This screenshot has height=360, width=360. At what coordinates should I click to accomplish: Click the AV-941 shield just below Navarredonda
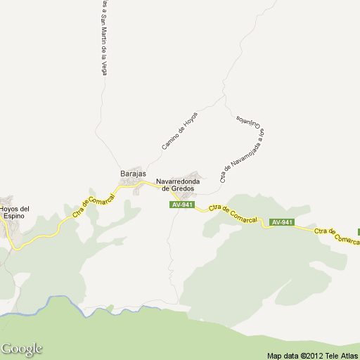coord(181,205)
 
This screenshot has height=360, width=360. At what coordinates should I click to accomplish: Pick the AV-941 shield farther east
coord(281,223)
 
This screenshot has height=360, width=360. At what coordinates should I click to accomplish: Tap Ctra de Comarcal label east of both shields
coord(336,235)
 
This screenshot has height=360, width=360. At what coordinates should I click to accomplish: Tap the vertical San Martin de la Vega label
coord(103,39)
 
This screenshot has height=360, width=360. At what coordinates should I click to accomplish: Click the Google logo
coord(21,349)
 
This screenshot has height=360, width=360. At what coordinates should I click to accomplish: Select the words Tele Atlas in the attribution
coord(342,355)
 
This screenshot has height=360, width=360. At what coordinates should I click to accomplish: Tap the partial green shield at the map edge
coord(358,231)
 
